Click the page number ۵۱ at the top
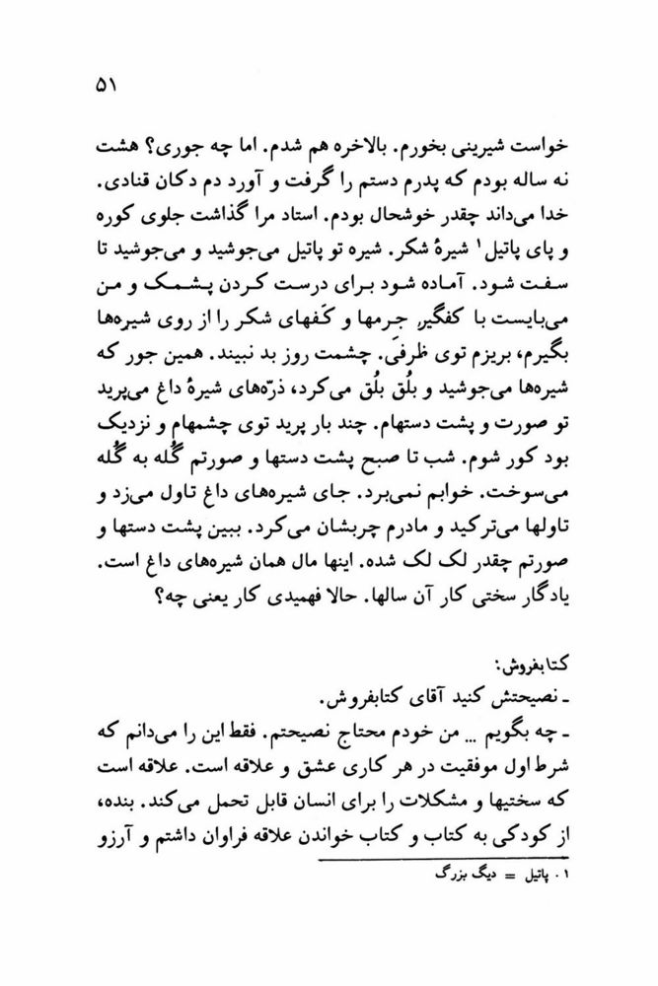click(105, 87)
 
